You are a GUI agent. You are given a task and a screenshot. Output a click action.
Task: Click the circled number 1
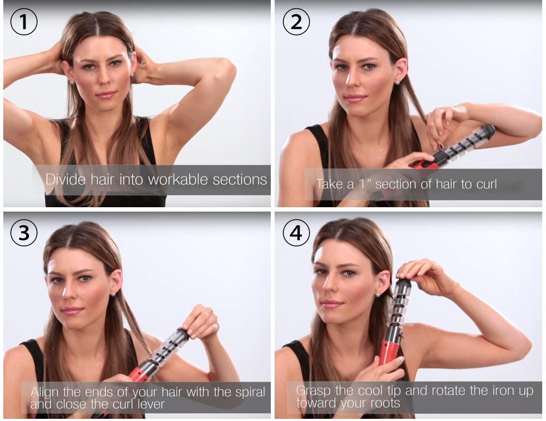(x=23, y=22)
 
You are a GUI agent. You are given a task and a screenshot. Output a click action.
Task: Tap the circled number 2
(x=296, y=22)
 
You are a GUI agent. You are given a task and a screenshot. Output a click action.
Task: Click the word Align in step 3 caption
(x=44, y=392)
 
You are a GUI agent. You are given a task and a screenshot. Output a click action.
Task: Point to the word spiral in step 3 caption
(x=247, y=392)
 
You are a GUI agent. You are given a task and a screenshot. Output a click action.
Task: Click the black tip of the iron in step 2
(x=488, y=131)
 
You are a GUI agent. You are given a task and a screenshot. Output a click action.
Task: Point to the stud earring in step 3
(x=112, y=294)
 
